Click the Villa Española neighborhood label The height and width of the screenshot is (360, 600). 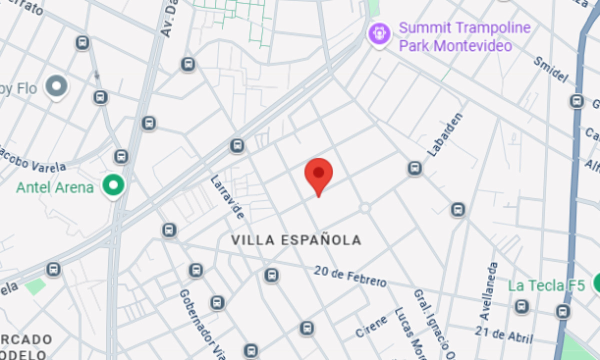(296, 240)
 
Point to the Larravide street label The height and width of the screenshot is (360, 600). (227, 197)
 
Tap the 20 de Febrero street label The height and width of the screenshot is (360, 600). (350, 276)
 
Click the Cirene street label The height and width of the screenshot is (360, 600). (371, 326)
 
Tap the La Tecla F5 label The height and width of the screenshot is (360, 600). (546, 286)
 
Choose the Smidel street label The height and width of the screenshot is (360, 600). (551, 69)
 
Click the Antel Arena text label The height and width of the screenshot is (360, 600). (55, 188)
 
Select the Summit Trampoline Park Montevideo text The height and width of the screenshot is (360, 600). (464, 37)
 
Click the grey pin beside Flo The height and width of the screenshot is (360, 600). (56, 86)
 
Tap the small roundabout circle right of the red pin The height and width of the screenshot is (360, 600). (365, 207)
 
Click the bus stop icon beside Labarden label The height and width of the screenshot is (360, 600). (414, 168)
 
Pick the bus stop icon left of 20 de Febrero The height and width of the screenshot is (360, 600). (271, 275)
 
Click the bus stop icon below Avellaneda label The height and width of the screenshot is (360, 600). (522, 306)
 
